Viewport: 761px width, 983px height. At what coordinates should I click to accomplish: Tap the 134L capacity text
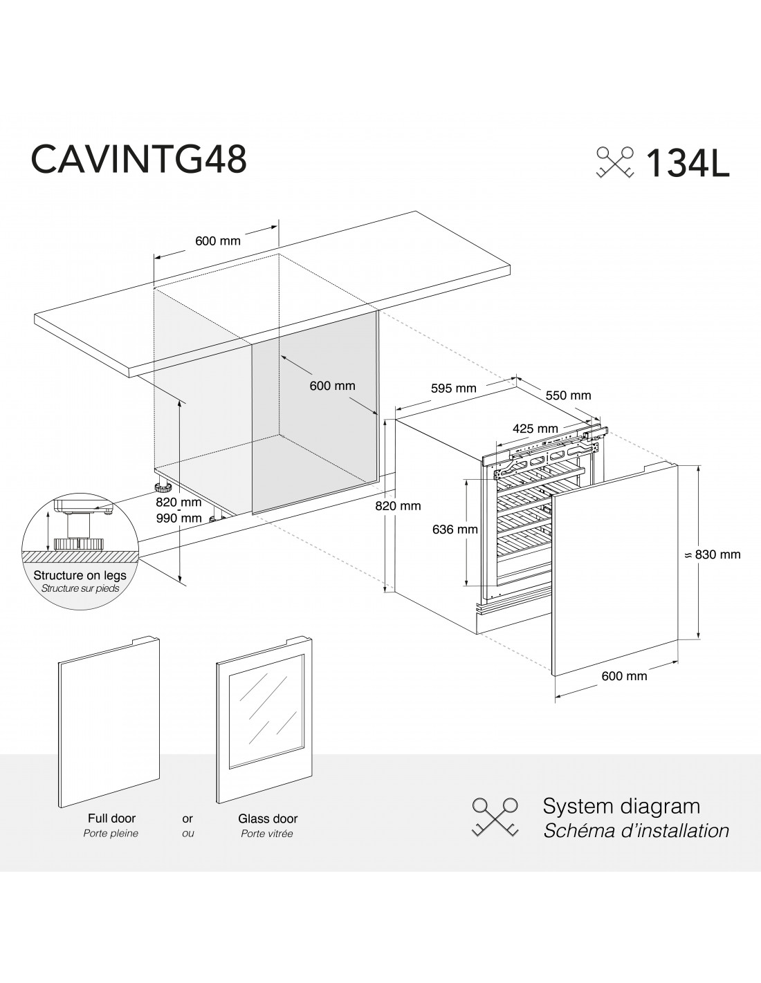click(688, 163)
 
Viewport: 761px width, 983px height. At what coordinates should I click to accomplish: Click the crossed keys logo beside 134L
click(615, 162)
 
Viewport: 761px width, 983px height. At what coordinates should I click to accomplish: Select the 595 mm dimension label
click(454, 388)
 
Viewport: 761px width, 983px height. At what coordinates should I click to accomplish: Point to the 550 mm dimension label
click(568, 395)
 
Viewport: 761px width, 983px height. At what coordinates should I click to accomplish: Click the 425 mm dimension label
click(535, 428)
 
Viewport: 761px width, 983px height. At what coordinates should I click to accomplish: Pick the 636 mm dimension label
click(455, 530)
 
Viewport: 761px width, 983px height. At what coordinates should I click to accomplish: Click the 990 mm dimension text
click(178, 518)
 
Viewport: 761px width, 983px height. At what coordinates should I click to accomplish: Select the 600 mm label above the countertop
click(218, 241)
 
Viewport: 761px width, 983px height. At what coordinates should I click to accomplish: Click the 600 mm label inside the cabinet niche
click(332, 386)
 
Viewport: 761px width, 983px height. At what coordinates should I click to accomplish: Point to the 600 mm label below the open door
click(624, 676)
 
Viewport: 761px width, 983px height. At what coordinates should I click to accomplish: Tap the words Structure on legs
click(80, 575)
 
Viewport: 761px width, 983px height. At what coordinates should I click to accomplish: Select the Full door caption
click(111, 818)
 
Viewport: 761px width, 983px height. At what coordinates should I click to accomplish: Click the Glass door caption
click(268, 818)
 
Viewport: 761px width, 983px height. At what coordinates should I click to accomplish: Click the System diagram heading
click(621, 805)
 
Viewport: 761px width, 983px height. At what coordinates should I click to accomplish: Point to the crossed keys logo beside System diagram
click(495, 817)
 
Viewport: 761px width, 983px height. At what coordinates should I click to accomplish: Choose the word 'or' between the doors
click(187, 818)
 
